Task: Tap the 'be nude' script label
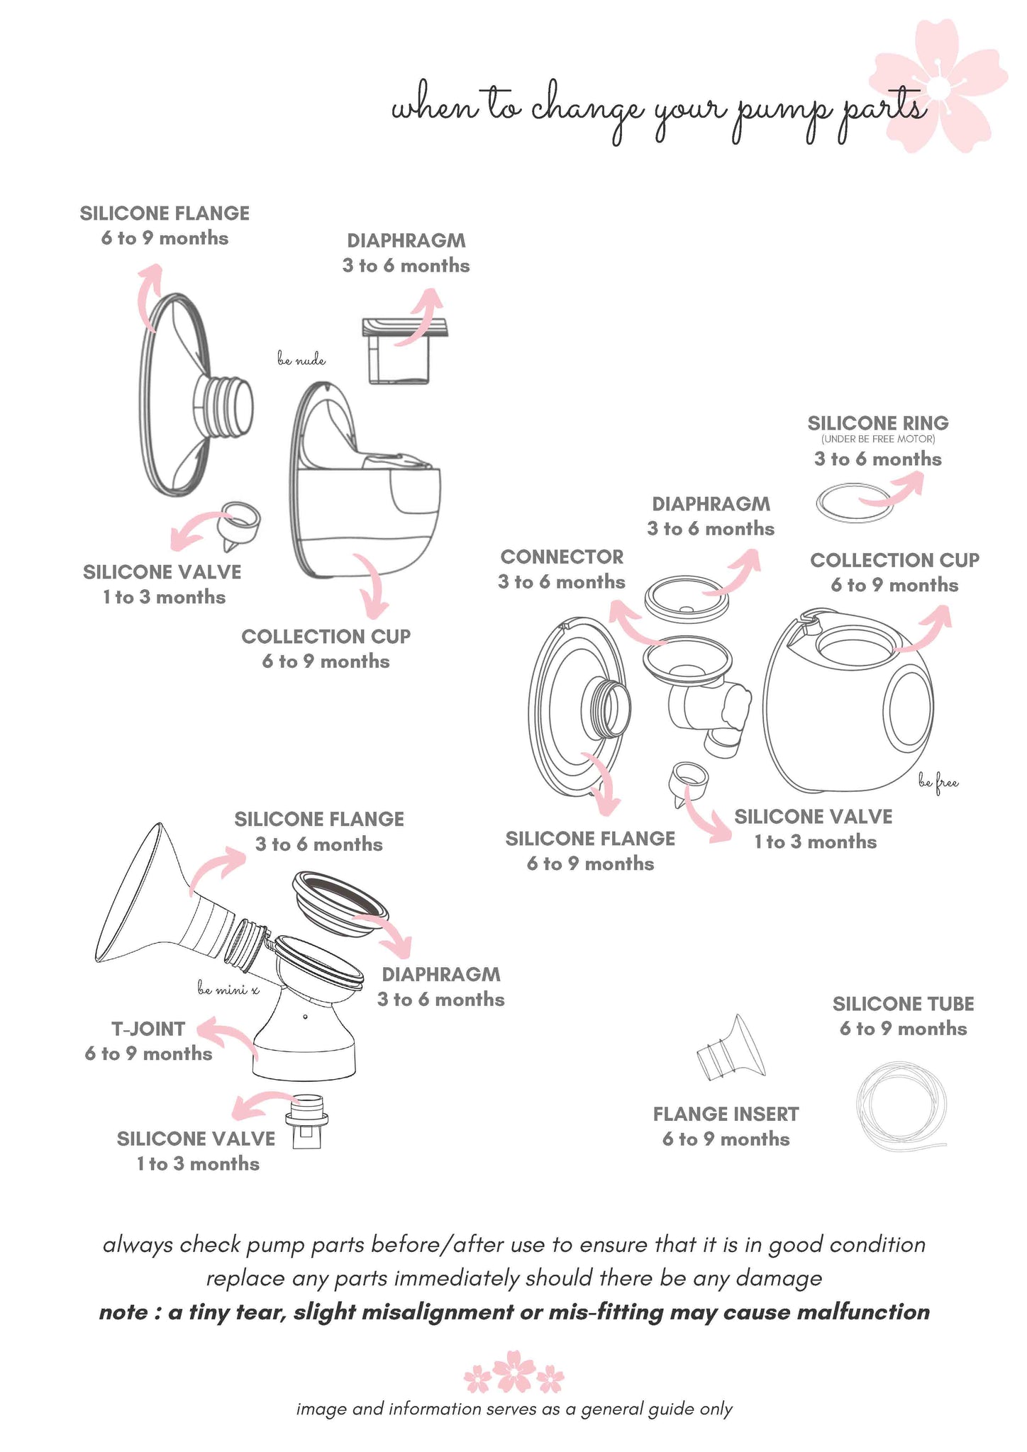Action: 301,361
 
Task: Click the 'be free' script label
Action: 938,783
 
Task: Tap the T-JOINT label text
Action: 148,1029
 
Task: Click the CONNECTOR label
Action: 562,557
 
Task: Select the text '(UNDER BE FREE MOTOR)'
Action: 878,440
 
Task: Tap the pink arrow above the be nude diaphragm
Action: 422,315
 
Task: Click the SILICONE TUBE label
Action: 903,1004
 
